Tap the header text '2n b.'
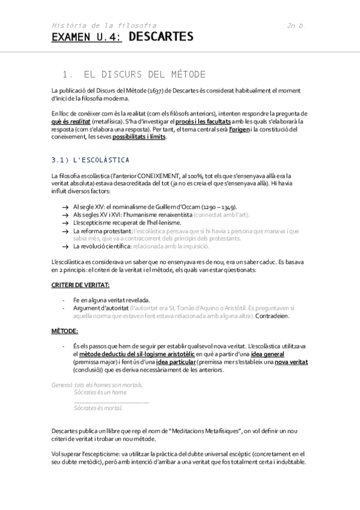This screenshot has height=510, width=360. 296,26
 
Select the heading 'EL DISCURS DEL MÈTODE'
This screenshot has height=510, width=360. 144,75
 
